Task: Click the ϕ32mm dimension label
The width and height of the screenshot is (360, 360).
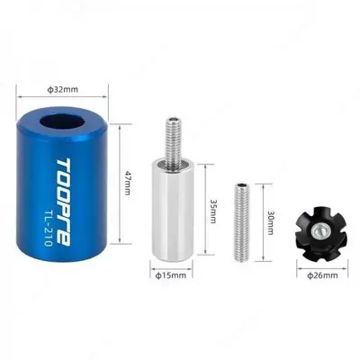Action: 63,89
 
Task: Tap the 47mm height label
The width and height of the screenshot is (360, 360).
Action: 127,184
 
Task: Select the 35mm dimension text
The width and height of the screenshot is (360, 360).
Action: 212,211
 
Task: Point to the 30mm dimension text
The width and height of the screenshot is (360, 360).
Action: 270,222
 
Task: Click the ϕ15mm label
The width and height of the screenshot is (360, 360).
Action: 171,275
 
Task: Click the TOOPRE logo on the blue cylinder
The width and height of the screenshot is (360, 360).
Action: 64,202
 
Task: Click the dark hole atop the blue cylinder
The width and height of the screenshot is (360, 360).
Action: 62,123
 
